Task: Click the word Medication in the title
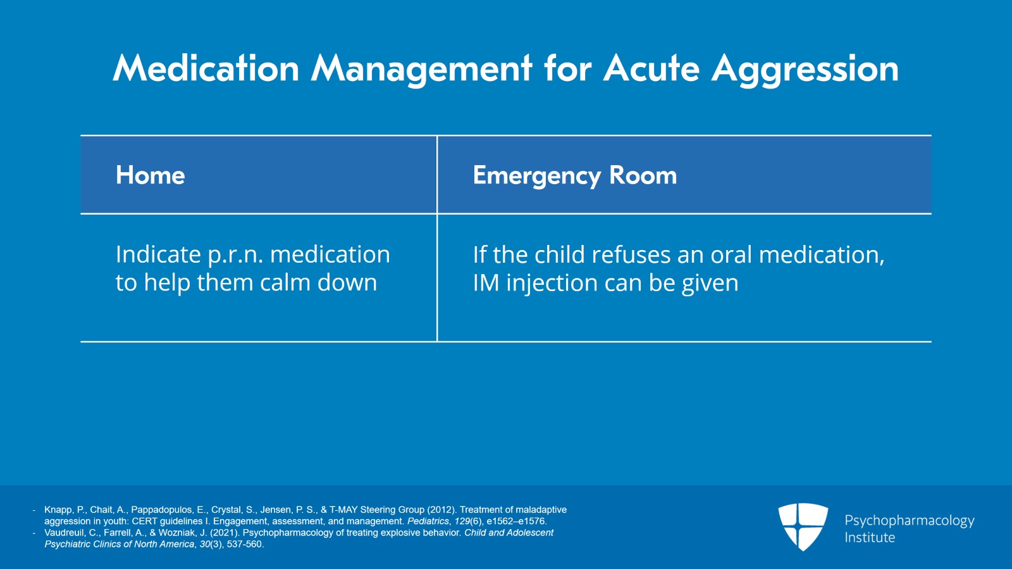(x=206, y=68)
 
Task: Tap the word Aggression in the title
(x=805, y=68)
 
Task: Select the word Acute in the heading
(x=651, y=68)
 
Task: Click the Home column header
(x=151, y=175)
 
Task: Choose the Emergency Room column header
(x=574, y=175)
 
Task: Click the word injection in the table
(x=552, y=283)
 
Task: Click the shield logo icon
(x=803, y=526)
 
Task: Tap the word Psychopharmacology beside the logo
(x=909, y=520)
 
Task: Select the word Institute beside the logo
(x=870, y=537)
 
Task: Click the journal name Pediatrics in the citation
(x=428, y=522)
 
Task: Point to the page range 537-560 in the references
(x=245, y=544)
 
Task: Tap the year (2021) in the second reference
(x=225, y=533)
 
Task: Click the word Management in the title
(x=421, y=68)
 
